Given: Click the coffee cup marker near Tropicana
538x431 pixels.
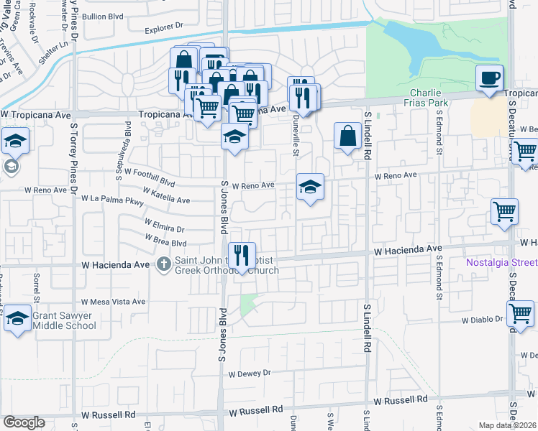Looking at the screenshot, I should (x=489, y=78).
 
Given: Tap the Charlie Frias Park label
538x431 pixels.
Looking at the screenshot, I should (x=429, y=98).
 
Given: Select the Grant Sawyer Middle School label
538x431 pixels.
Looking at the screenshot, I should (x=64, y=320).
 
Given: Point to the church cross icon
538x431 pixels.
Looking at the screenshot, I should (x=163, y=264).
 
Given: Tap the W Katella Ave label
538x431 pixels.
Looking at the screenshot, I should (x=166, y=196).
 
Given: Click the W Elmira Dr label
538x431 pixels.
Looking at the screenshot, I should (x=164, y=226).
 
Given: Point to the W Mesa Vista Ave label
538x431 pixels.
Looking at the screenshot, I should (x=114, y=302).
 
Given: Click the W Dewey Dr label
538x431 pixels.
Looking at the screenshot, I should (x=250, y=373).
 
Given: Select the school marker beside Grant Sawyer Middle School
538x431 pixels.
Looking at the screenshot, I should (x=17, y=320).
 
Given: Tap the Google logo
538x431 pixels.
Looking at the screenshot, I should (x=24, y=422).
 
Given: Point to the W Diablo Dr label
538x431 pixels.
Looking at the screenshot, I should (x=480, y=320).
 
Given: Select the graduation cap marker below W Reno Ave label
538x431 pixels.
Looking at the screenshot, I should (x=311, y=188).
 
